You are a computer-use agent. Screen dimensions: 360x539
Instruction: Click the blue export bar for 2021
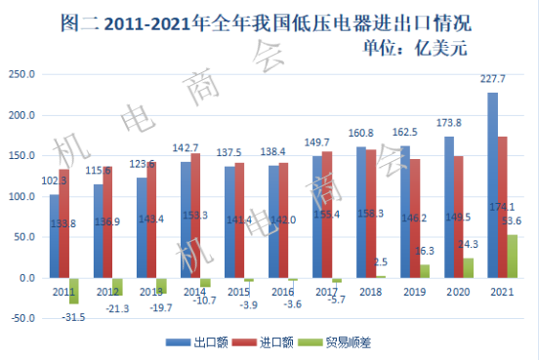(x=492, y=185)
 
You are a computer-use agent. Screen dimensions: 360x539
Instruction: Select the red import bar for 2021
(x=502, y=207)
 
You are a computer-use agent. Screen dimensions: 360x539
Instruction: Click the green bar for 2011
(x=74, y=290)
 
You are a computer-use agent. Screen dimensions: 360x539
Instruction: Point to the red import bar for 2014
(x=195, y=216)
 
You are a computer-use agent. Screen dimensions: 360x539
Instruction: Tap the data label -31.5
(x=72, y=316)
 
